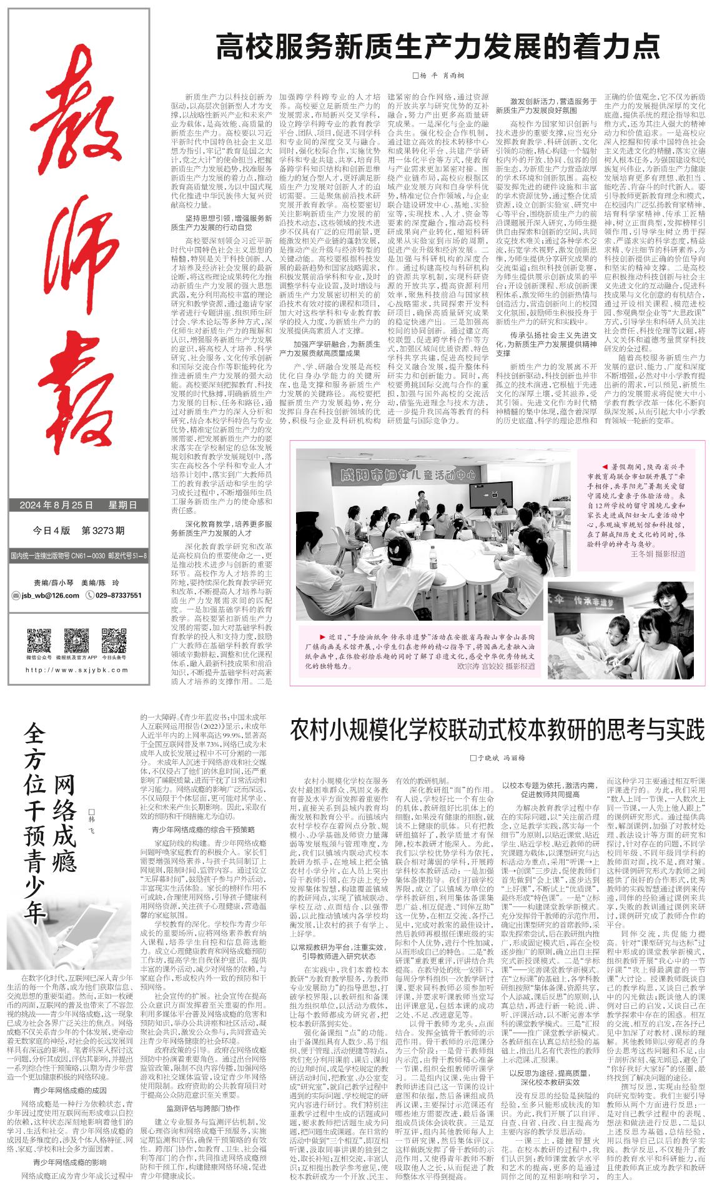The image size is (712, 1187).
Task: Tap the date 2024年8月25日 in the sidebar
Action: coord(56,505)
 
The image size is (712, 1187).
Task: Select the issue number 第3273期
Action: coord(103,531)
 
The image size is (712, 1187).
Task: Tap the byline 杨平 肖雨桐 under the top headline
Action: coord(437,76)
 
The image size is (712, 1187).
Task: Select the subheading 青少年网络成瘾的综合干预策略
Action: coord(204,829)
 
